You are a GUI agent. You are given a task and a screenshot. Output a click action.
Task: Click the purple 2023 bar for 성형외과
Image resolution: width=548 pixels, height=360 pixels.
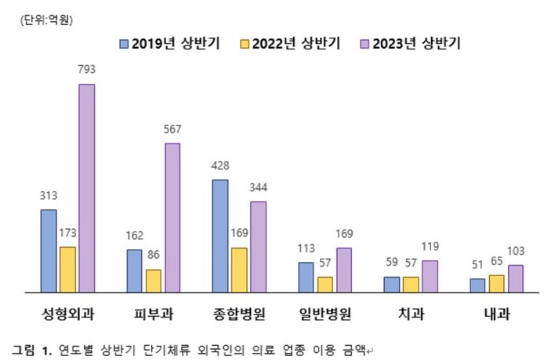[x=86, y=187]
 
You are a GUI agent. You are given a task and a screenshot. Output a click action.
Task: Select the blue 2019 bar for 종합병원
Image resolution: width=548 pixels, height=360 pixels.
[x=220, y=235]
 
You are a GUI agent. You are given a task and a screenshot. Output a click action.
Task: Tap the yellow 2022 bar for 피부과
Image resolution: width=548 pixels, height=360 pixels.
[x=154, y=280]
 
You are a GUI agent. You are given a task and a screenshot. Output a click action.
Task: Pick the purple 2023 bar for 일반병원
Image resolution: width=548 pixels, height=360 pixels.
[x=344, y=269]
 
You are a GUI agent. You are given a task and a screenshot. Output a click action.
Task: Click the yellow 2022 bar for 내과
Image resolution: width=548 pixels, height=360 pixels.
[x=496, y=283]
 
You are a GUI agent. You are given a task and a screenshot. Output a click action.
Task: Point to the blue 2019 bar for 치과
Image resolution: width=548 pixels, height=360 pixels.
[x=392, y=284]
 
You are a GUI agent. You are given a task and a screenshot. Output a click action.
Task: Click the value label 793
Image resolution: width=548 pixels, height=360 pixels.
[x=86, y=70]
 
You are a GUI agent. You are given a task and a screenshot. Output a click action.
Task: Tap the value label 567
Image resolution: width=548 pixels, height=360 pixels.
[x=172, y=129]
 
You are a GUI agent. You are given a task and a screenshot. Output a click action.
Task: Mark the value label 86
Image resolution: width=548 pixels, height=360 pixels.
[x=154, y=255]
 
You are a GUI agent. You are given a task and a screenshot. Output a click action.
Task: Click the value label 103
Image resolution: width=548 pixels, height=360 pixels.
[x=516, y=251]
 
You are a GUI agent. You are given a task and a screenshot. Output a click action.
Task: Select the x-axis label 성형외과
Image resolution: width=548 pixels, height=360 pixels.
[x=67, y=315]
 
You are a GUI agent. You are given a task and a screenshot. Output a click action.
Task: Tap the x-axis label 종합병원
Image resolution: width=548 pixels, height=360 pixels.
[x=239, y=315]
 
